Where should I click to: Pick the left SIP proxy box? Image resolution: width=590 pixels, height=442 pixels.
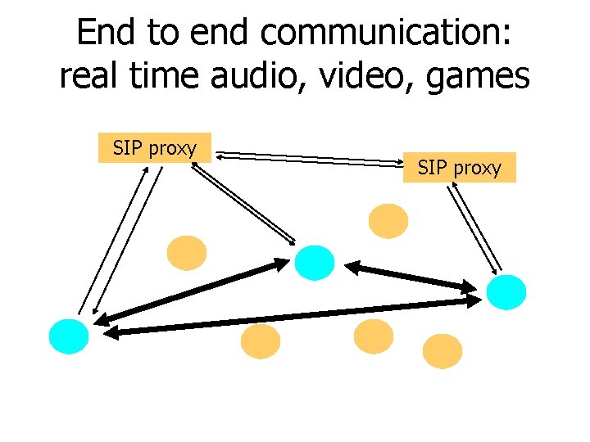155,148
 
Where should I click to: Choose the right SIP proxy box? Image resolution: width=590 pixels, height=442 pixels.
459,168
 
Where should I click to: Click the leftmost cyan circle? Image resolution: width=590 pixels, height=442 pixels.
69,336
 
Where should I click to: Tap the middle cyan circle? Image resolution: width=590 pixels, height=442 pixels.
315,262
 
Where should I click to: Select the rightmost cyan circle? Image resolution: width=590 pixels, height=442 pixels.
507,292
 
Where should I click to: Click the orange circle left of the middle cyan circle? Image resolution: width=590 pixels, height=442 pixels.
187,253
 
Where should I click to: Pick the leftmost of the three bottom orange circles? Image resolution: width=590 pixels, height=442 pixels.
261,341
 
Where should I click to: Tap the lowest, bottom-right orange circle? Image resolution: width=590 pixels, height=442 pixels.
442,351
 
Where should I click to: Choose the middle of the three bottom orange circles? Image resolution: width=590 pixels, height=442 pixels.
373,336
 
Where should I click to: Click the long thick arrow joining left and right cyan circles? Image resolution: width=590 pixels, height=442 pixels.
295,317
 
